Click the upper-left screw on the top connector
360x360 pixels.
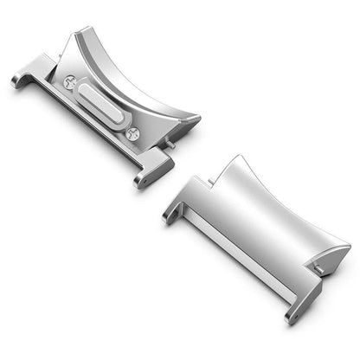(x=70, y=82)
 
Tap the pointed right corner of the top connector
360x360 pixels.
(x=197, y=119)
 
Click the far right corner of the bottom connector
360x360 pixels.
(x=347, y=251)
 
